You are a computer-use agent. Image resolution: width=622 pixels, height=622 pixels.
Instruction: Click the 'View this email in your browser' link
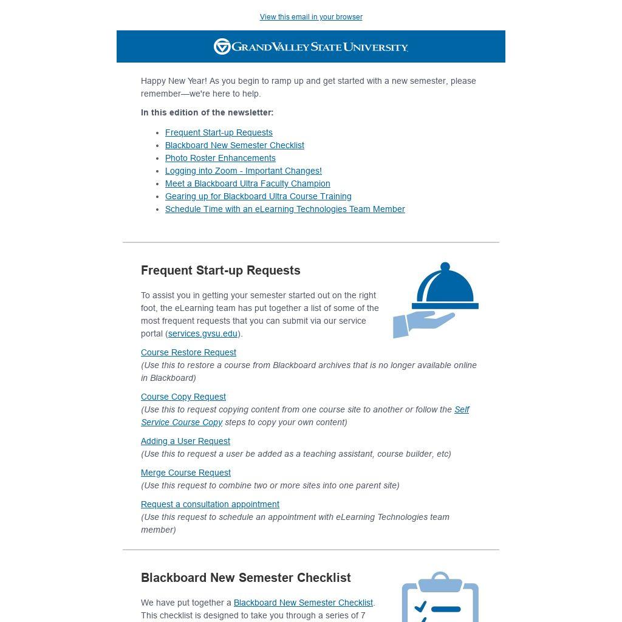311,17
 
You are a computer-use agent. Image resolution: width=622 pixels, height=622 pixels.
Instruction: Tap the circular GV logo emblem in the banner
222,47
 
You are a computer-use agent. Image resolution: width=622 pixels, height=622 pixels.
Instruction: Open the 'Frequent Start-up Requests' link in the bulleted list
219,132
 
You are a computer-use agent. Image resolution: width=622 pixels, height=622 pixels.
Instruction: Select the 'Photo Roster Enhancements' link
220,158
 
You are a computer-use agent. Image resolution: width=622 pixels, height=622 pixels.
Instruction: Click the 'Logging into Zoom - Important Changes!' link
244,171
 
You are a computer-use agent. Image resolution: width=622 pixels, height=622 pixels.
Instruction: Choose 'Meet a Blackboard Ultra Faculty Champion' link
248,183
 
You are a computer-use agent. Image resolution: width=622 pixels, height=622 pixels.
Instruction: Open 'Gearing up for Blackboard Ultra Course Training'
258,196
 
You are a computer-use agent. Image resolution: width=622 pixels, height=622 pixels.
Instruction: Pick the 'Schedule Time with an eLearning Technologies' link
285,209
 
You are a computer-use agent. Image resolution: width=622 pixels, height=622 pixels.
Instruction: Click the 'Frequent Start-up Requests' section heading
220,270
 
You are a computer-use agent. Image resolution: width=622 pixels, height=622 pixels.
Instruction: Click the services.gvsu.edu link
203,333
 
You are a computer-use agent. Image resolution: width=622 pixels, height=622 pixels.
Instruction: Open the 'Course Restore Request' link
188,352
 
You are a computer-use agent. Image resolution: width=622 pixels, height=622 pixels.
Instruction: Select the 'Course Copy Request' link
183,397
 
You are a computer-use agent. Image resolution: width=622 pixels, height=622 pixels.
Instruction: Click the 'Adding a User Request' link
185,441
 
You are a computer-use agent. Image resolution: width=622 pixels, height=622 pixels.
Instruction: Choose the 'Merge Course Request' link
186,473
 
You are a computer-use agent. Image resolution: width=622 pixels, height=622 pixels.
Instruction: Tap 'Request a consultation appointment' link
210,504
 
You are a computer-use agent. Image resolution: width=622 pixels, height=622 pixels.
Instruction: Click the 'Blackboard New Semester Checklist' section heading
246,578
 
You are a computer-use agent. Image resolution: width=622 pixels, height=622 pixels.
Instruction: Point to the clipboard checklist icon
440,598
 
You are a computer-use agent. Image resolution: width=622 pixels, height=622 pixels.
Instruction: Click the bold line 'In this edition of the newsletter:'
207,112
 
